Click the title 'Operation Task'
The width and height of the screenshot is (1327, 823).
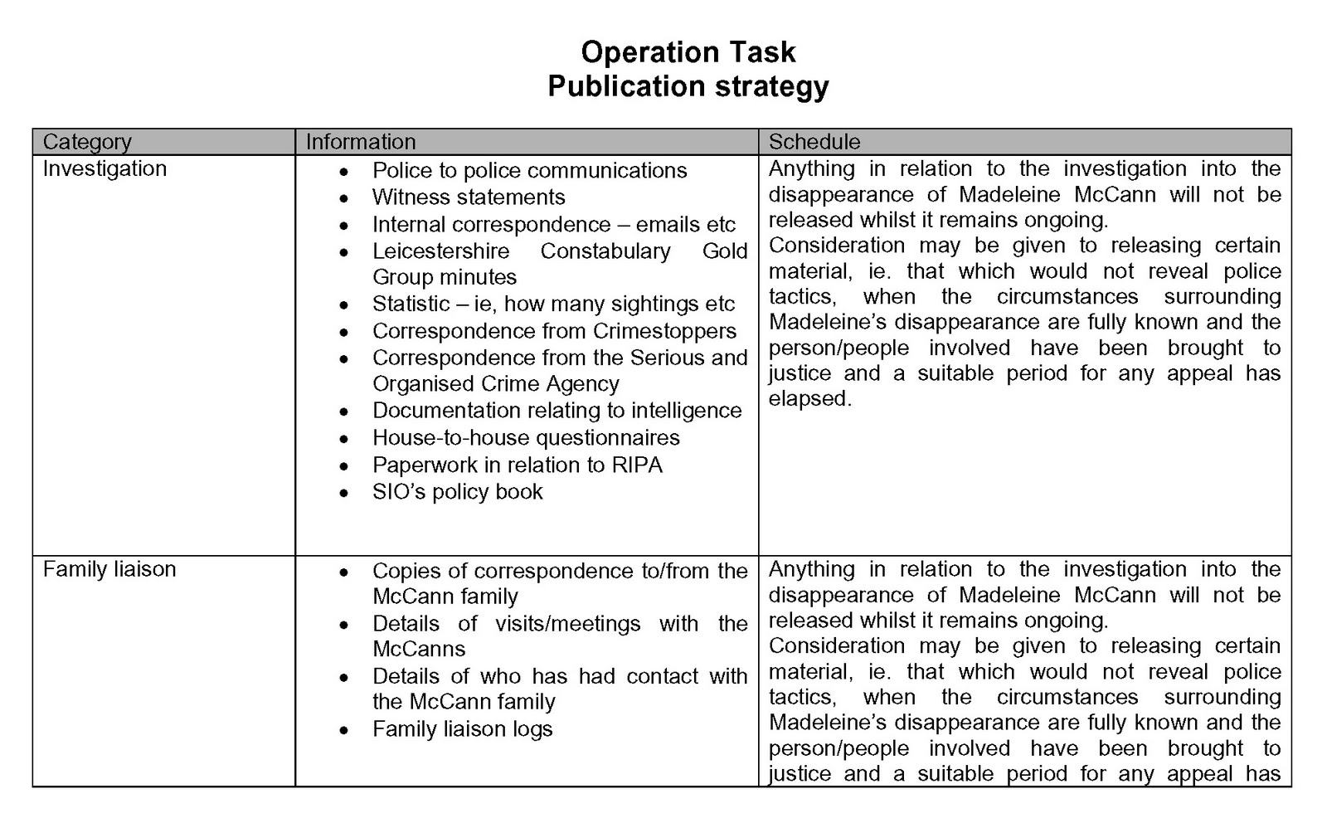click(688, 52)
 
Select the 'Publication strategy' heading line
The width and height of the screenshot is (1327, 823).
click(688, 86)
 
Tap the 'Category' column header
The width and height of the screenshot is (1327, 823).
click(87, 142)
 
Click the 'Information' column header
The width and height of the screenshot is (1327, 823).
click(360, 142)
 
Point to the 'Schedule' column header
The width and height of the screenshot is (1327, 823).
click(814, 142)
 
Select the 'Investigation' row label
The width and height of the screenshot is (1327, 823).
click(105, 168)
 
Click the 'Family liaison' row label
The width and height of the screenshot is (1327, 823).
click(109, 569)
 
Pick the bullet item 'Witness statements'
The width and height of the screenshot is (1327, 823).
click(469, 197)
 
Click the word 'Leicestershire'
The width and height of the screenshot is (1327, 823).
click(440, 251)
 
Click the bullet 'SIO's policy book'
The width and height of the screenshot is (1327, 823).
click(457, 492)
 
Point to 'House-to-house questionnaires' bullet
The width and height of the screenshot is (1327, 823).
click(526, 438)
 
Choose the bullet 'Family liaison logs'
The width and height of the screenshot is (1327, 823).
click(462, 729)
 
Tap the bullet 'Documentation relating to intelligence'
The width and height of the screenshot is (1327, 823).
click(557, 411)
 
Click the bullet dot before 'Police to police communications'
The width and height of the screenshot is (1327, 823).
click(344, 172)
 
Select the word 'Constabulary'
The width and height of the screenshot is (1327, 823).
click(605, 251)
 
